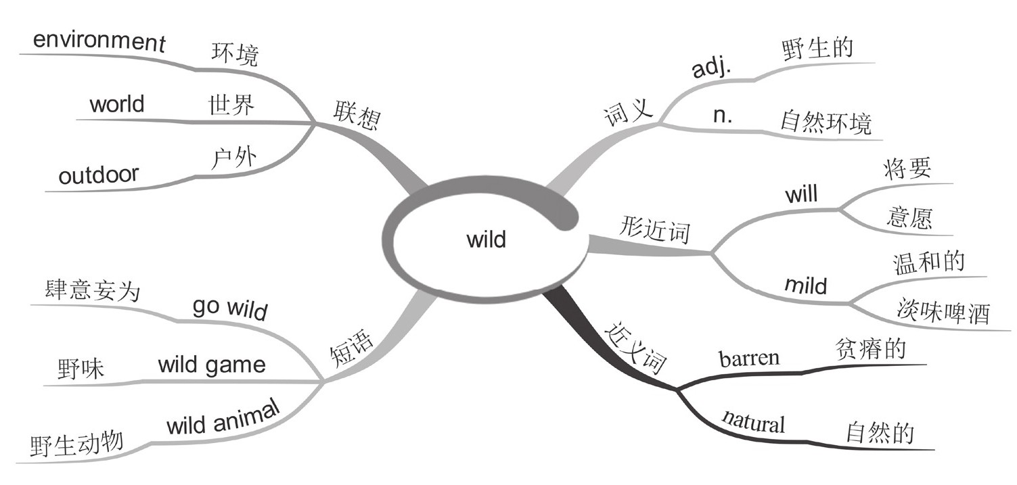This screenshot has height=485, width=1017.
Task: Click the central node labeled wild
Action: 486,239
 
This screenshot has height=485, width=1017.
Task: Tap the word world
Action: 116,105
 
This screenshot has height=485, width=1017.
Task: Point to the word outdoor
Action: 98,175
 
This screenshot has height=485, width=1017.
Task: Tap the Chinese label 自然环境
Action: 826,123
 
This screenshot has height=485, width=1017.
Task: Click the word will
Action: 800,195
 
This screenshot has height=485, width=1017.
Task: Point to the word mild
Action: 805,285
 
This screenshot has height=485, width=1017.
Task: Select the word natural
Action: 753,421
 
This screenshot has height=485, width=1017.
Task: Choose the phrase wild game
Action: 212,365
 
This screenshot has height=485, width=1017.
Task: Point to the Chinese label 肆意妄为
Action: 91,292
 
